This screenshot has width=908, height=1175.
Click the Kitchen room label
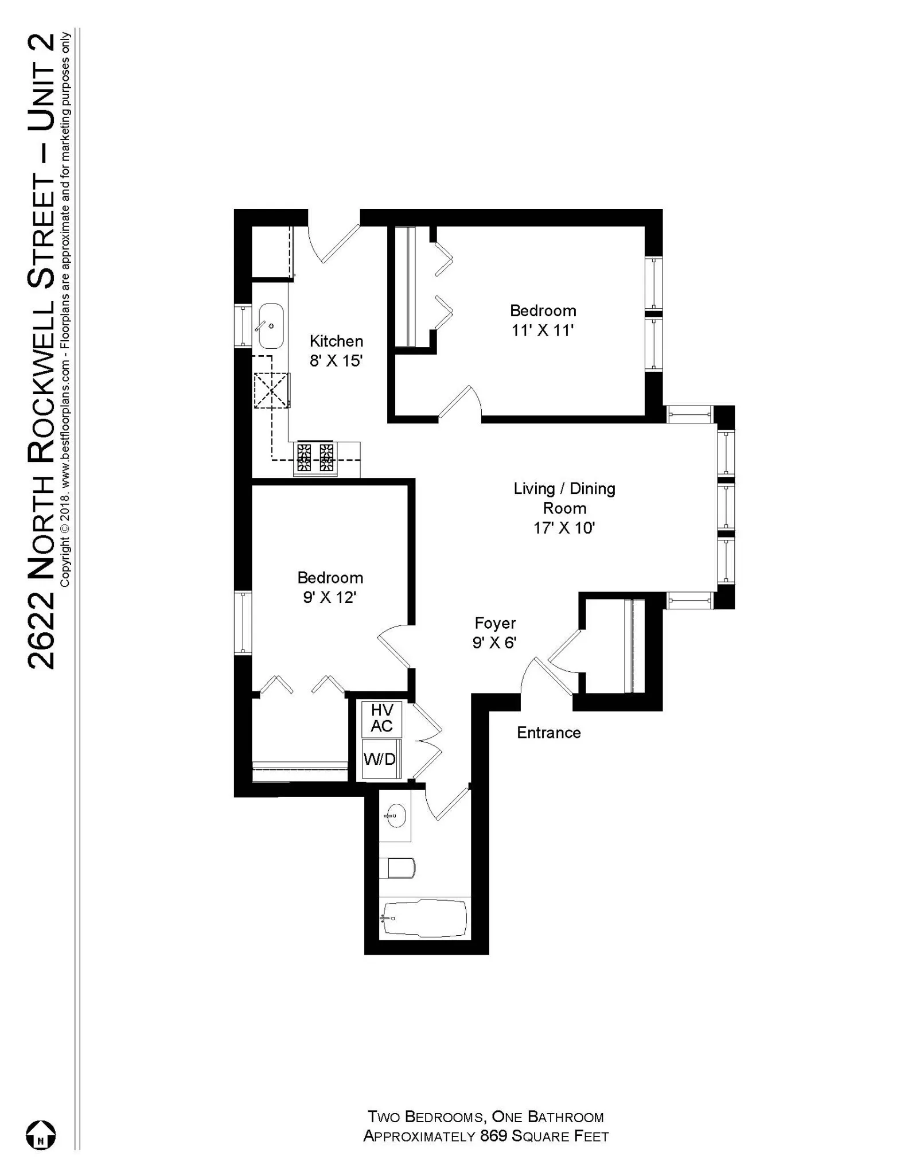(x=336, y=341)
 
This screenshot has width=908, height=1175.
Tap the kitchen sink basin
(x=271, y=326)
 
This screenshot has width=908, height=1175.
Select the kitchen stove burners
(x=315, y=457)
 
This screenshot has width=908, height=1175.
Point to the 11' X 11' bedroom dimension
(x=543, y=331)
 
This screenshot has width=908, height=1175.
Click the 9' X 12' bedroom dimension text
(x=330, y=598)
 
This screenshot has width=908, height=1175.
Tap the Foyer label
(x=495, y=623)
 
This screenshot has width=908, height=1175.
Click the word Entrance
(x=548, y=733)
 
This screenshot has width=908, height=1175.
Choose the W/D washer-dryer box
(x=380, y=760)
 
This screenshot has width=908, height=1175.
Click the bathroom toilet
(x=399, y=867)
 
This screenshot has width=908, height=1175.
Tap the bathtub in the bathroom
(x=424, y=918)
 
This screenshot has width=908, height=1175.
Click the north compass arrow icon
(x=41, y=1135)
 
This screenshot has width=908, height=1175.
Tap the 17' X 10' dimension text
(x=564, y=528)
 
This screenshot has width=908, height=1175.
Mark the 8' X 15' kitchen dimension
(x=336, y=361)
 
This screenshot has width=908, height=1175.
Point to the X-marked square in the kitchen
(x=271, y=390)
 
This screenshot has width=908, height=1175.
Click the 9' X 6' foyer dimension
(x=494, y=643)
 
